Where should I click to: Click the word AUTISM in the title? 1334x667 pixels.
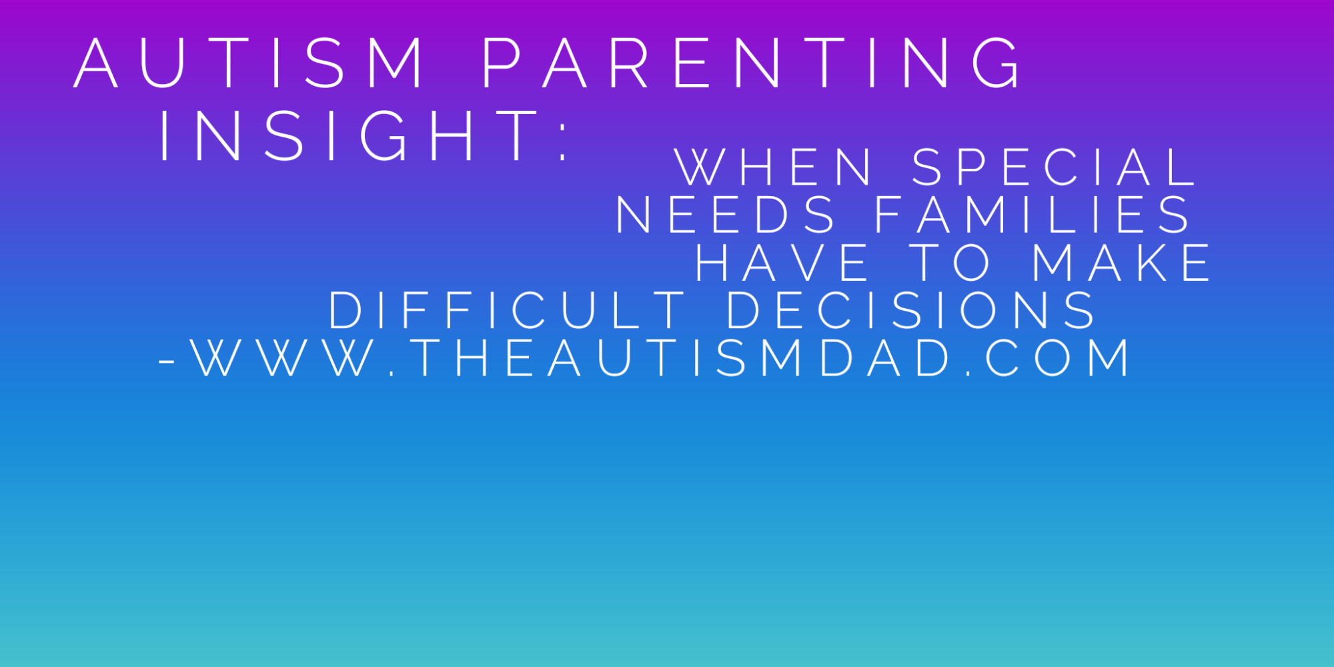(x=249, y=63)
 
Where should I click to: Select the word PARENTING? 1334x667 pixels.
(x=751, y=63)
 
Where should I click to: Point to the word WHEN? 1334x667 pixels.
(x=774, y=167)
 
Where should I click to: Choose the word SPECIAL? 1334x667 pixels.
(x=1054, y=167)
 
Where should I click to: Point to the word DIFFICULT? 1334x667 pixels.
(x=507, y=310)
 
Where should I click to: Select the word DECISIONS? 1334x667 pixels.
(x=911, y=310)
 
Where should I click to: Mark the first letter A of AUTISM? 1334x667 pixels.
(x=96, y=63)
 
